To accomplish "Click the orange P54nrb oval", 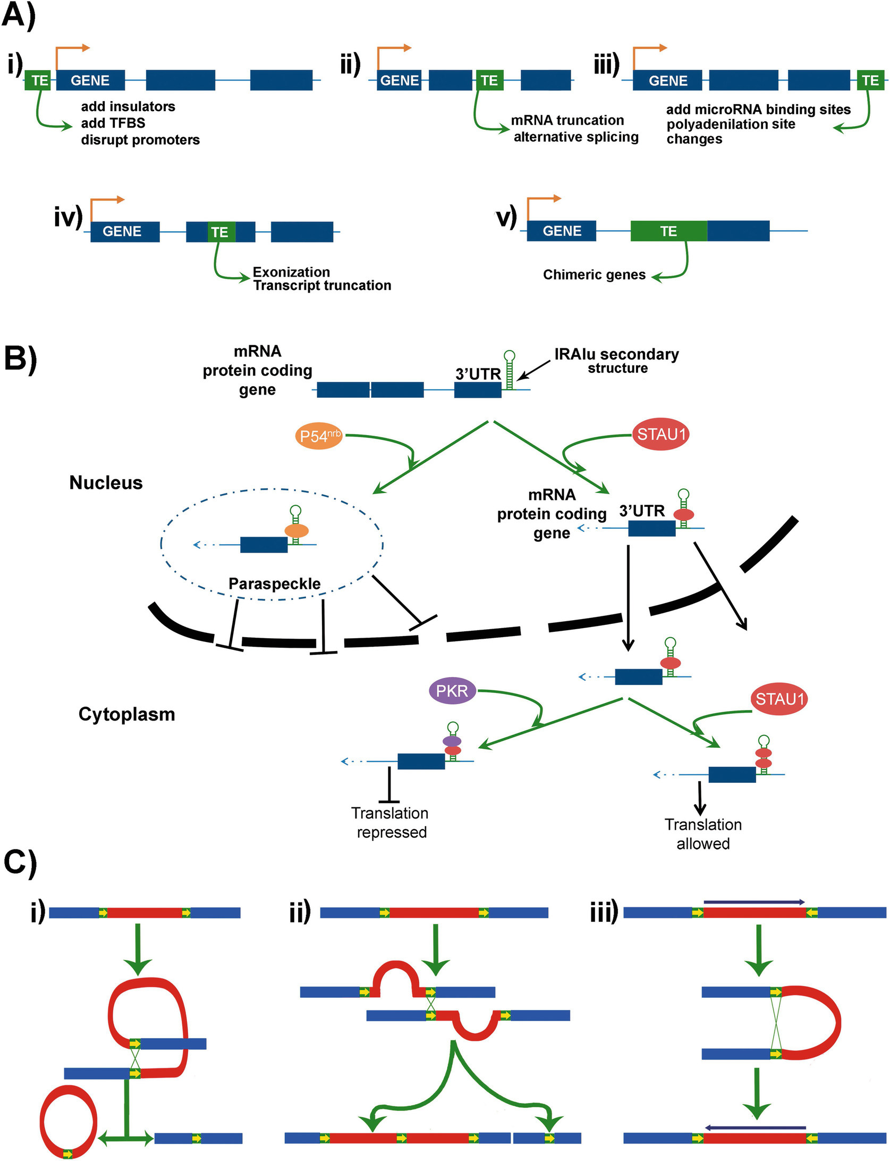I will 319,436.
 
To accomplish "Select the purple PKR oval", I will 452,691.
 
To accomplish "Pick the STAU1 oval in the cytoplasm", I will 779,698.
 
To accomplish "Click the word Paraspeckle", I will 274,584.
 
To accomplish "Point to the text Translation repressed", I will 391,822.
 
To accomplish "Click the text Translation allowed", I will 702,834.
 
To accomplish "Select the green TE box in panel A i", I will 38,81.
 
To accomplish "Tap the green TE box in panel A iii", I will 870,81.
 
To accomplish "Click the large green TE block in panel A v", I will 668,231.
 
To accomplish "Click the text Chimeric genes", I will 594,275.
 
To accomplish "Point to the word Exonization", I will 291,272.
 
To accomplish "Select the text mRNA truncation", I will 567,120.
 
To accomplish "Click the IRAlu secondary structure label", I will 616,361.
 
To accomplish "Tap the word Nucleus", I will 106,483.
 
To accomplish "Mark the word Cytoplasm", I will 126,714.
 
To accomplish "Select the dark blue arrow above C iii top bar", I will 753,902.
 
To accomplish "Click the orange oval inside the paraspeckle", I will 296,531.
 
